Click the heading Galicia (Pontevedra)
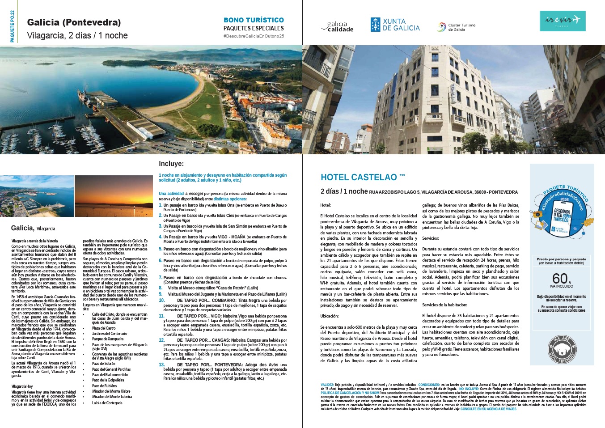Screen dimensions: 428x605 [74, 22]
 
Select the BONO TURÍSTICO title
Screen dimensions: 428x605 [254, 20]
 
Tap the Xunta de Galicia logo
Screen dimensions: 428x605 [395, 25]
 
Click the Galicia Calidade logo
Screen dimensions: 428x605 [338, 27]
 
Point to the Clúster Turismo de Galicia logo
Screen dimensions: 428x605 [456, 27]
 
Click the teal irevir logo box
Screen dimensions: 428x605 [562, 21]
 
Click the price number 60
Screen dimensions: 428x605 [559, 278]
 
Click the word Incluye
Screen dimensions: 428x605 [171, 164]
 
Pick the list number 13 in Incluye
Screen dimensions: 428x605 [162, 365]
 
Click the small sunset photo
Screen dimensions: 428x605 [114, 196]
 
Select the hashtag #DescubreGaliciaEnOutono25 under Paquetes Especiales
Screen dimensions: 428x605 [254, 36]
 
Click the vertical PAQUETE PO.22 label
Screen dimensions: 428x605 [12, 26]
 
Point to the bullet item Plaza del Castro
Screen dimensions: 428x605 [104, 328]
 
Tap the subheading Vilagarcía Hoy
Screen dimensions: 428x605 [22, 386]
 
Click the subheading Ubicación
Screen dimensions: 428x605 [330, 316]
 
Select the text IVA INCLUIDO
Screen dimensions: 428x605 [562, 286]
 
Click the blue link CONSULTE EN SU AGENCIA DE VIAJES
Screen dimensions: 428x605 [488, 409]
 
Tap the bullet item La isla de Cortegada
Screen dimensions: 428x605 [107, 403]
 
